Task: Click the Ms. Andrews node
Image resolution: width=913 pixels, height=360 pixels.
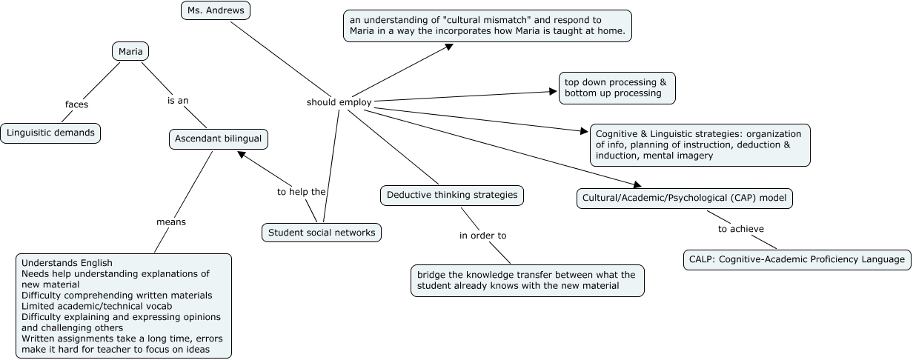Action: (x=216, y=10)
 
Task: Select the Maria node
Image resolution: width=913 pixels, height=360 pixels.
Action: (x=130, y=51)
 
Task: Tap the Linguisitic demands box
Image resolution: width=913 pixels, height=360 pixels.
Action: (x=50, y=133)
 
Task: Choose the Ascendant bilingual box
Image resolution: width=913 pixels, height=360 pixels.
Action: (x=218, y=138)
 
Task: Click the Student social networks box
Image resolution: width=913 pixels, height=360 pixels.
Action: (x=322, y=233)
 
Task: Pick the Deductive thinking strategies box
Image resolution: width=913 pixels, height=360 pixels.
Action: (x=452, y=196)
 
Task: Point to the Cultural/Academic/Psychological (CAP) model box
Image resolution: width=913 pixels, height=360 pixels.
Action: (x=685, y=199)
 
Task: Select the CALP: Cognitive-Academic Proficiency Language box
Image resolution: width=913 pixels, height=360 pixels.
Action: (x=797, y=259)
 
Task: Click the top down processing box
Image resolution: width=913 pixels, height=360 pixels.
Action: (x=616, y=87)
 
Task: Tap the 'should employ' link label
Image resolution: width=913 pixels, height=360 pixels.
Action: (x=339, y=102)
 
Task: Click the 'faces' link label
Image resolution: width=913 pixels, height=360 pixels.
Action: (x=76, y=104)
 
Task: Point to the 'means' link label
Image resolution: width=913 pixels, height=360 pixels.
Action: (x=170, y=221)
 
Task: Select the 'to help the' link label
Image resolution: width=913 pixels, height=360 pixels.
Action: (x=301, y=191)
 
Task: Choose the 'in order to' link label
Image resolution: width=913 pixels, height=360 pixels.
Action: (x=482, y=236)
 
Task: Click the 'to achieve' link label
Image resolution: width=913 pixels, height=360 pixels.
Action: (x=740, y=229)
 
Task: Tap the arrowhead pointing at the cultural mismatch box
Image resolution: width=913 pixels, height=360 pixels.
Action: (x=449, y=47)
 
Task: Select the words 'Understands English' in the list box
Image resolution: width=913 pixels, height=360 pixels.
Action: (x=67, y=263)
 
